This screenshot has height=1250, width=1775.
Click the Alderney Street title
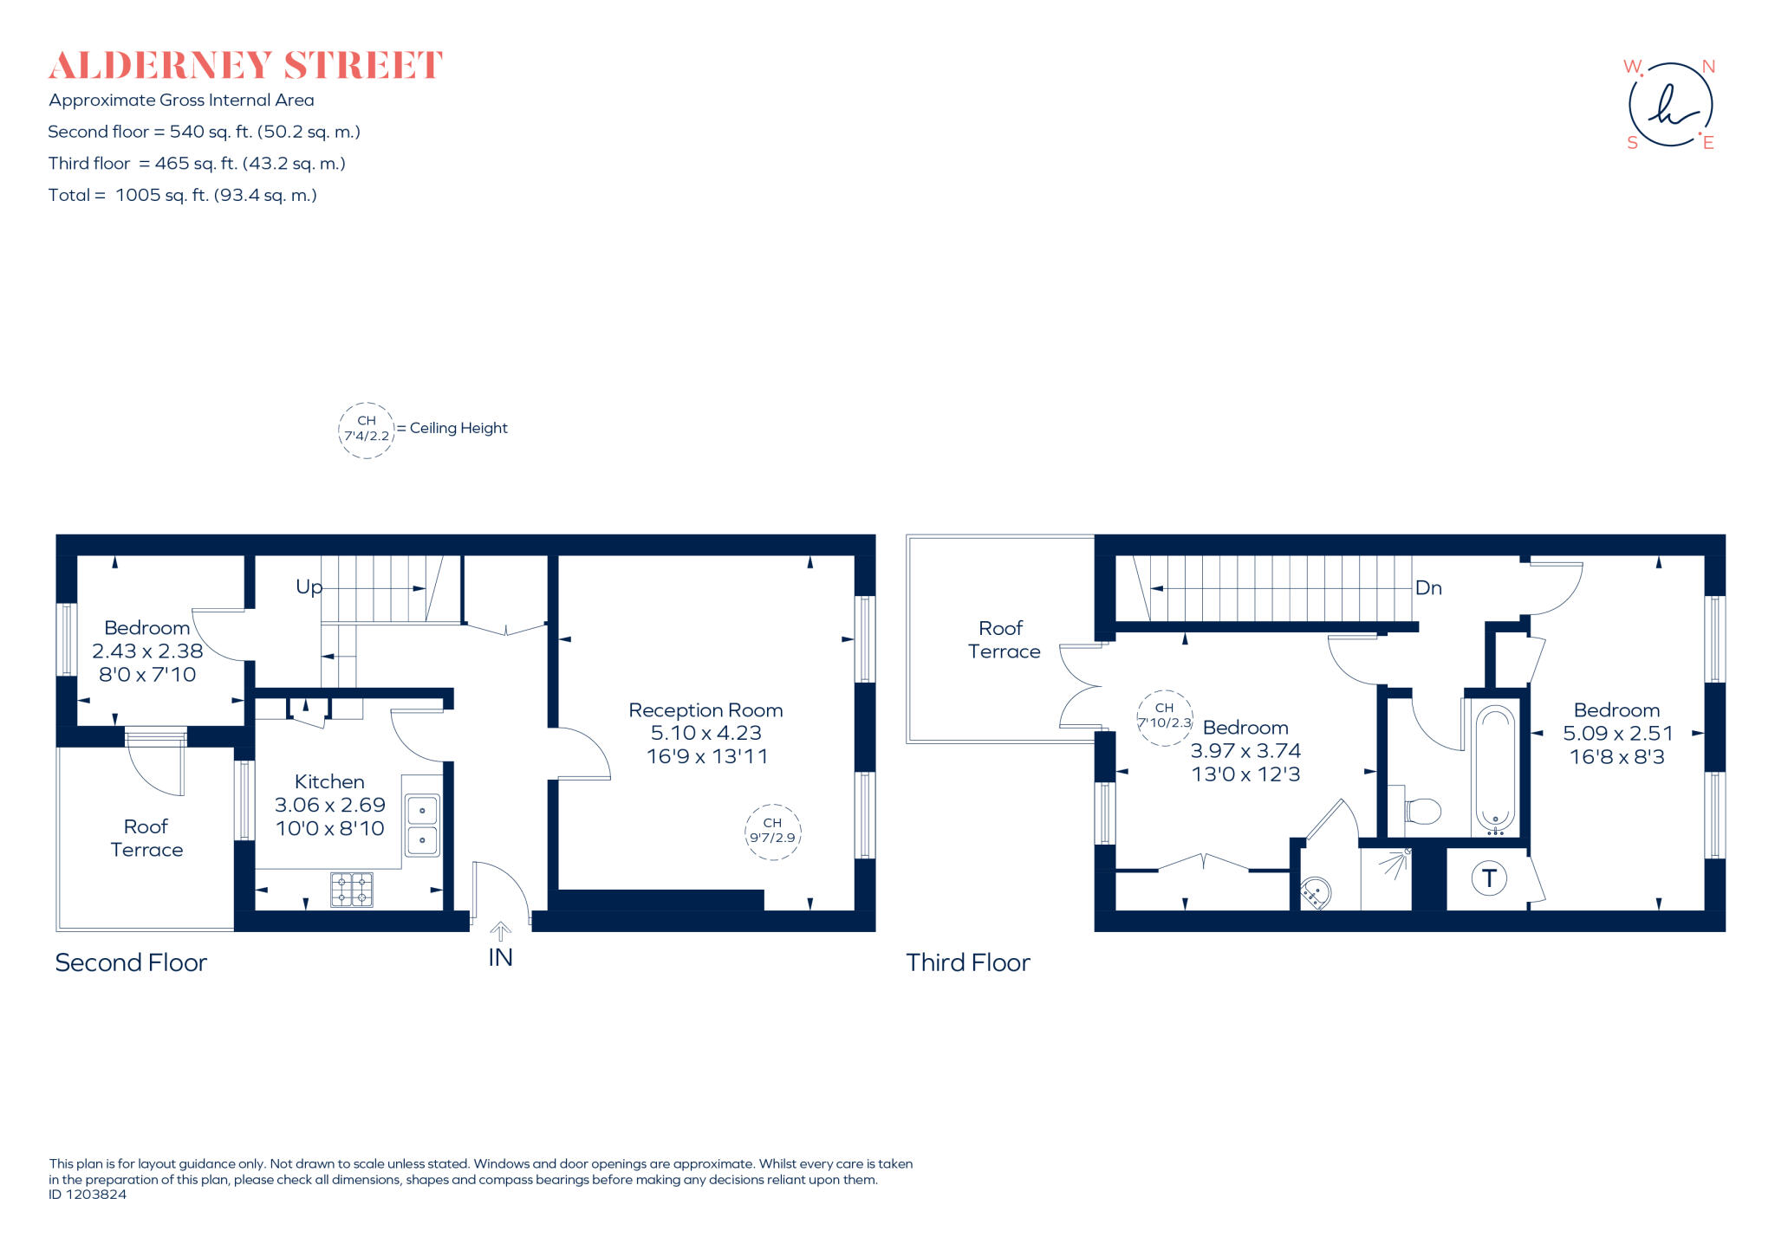245,66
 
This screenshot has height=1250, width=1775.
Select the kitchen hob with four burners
352,889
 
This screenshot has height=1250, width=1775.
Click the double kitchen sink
422,825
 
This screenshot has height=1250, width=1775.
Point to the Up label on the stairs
309,587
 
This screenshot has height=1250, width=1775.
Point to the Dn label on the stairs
1427,588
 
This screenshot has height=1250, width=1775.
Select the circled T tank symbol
1489,878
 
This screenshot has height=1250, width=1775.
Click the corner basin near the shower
1316,891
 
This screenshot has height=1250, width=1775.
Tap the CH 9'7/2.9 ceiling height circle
772,832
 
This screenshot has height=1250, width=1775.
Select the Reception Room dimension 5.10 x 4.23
705,733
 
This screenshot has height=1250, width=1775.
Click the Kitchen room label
329,781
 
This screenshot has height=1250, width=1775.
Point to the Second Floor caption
131,962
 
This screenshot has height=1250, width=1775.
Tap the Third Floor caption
967,962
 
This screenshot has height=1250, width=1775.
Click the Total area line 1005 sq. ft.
182,195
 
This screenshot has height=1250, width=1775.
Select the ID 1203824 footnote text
88,1195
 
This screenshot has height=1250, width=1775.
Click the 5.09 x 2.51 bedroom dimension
1617,733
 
